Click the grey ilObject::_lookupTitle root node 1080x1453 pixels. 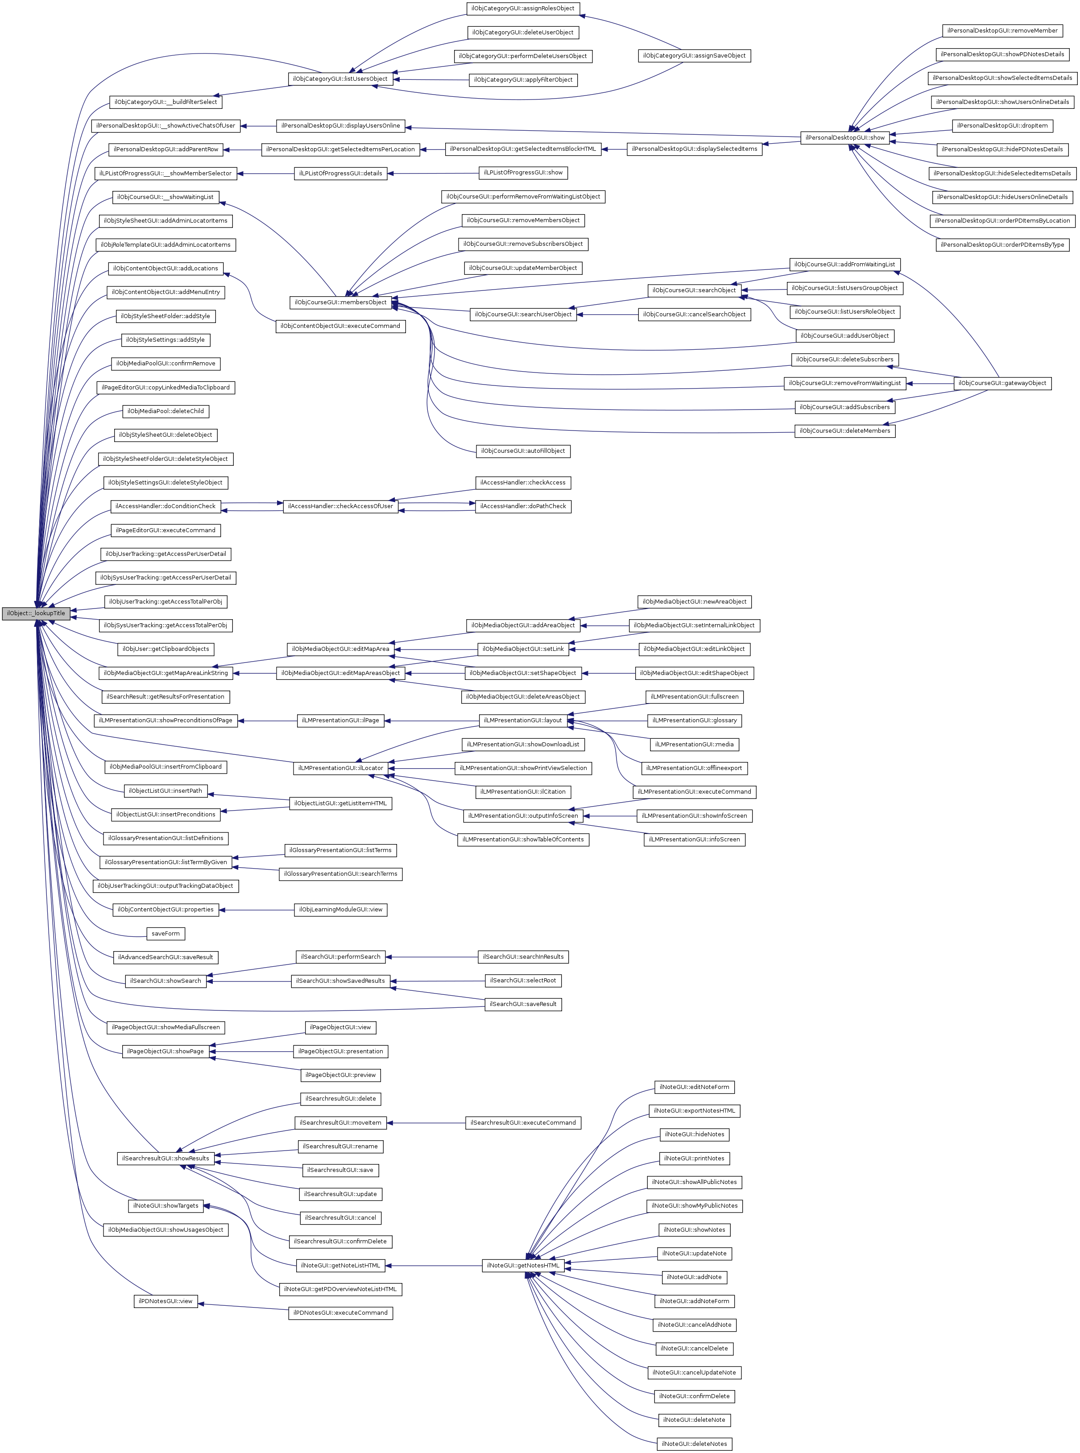point(36,613)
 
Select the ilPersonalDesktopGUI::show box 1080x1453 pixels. point(844,138)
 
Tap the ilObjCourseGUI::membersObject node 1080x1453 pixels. point(340,302)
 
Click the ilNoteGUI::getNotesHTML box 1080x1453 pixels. point(523,1266)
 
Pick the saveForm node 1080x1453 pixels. point(166,933)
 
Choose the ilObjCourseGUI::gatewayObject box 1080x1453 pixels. point(1002,383)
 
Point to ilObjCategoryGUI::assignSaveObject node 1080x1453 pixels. point(694,56)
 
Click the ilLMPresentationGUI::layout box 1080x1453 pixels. point(522,720)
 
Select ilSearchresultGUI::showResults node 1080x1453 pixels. point(166,1158)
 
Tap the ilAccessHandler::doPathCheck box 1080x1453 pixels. point(523,506)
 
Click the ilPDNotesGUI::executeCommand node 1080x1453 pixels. point(340,1312)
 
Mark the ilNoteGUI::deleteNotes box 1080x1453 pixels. point(694,1444)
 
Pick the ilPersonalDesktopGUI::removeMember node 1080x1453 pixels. point(1002,31)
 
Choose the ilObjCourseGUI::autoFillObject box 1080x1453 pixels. point(523,451)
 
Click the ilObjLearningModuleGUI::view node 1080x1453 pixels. point(340,909)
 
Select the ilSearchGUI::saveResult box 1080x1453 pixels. point(523,1004)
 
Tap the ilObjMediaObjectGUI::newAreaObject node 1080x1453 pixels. point(694,601)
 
